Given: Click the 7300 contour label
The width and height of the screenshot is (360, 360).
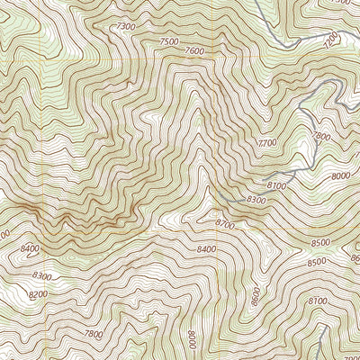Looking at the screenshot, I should tap(127, 28).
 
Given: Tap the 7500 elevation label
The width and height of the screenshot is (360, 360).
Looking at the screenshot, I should tap(167, 41).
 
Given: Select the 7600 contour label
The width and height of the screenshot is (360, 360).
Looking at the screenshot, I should tap(193, 51).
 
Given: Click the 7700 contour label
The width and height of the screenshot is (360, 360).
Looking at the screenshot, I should tap(266, 143).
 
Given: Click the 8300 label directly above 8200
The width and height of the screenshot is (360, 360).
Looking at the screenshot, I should tap(40, 277).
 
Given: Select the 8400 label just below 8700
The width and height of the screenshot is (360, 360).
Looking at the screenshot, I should tap(206, 248).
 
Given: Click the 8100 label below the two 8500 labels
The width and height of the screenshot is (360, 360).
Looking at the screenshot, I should tap(318, 301).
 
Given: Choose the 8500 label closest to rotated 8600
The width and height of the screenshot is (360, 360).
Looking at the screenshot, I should tap(316, 262).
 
